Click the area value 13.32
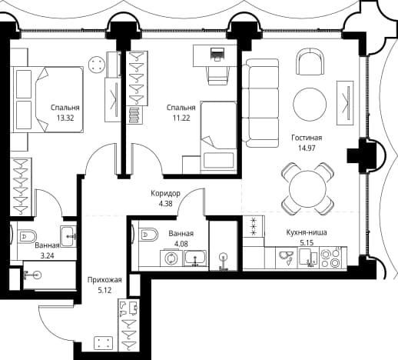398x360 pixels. [x=65, y=118]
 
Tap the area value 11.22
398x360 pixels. [x=181, y=118]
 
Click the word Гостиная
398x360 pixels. [x=307, y=138]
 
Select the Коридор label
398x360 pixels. [x=165, y=193]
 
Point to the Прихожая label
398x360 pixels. [x=104, y=280]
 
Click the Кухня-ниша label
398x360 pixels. [x=307, y=232]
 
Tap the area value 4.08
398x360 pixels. [x=181, y=244]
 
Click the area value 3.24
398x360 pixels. [x=48, y=255]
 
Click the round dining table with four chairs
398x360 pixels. [x=307, y=189]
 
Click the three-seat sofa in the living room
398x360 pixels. [x=260, y=103]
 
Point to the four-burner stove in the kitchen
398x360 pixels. [x=330, y=258]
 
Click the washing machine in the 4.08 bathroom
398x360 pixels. [x=171, y=258]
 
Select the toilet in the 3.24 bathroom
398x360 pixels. [x=25, y=236]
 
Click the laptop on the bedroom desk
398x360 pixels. [x=217, y=54]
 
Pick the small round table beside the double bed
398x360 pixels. [x=97, y=65]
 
